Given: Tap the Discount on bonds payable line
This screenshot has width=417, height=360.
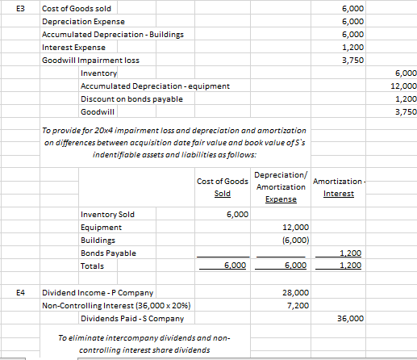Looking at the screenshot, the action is [x=131, y=98].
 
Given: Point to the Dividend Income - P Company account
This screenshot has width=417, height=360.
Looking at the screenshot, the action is [x=98, y=291].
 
